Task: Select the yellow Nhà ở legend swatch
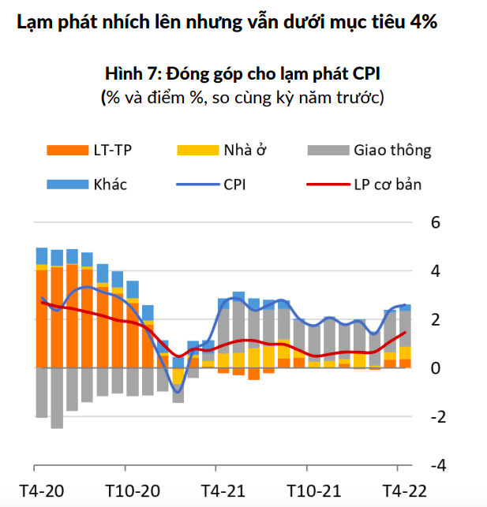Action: click(195, 150)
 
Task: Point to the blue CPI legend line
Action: click(195, 186)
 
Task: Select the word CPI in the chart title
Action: click(367, 75)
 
